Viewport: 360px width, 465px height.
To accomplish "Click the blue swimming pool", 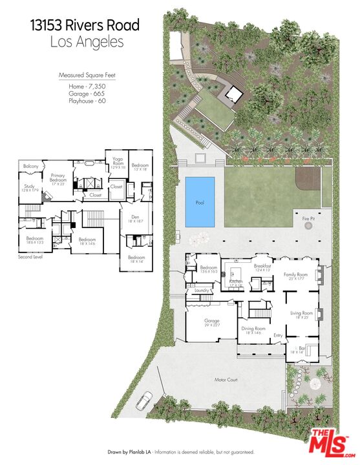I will click(200, 202).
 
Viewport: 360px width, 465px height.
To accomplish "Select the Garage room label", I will click(212, 321).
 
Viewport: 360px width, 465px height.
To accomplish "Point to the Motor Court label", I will click(226, 380).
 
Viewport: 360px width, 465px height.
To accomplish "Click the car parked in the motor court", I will click(144, 401).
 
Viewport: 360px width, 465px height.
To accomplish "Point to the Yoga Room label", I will click(118, 160).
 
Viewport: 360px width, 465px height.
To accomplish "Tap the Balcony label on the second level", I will click(31, 167).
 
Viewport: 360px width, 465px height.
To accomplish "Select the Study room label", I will click(30, 185).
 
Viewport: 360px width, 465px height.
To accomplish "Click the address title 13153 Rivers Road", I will click(85, 26).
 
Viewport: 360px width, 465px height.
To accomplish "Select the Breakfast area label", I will click(262, 266).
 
